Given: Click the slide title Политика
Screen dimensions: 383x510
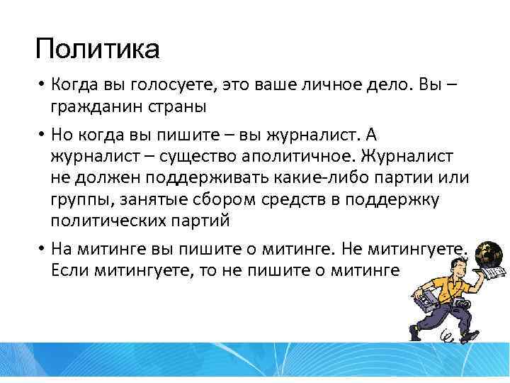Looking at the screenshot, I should [98, 50].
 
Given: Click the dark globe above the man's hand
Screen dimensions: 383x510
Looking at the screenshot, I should [489, 253].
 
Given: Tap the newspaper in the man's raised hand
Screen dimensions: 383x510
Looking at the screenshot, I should [492, 273].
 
